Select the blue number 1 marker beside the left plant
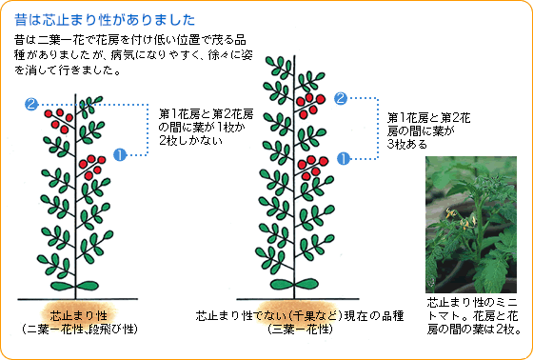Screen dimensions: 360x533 click(120, 152)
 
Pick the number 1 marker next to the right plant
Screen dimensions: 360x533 click(345, 158)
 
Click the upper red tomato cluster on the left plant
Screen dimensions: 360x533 click(59, 120)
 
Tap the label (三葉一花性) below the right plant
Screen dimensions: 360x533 click(300, 329)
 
